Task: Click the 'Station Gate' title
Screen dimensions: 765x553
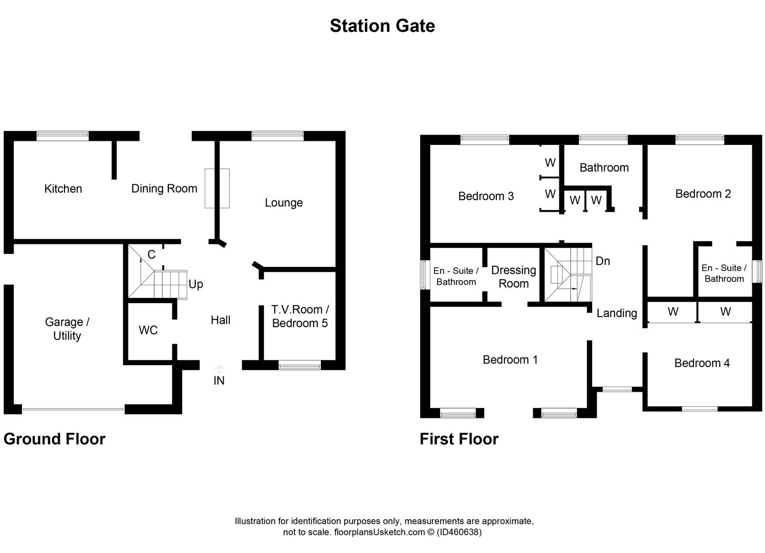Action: click(382, 26)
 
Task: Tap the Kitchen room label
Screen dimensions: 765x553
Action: click(63, 188)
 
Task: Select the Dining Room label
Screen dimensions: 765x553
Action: click(164, 188)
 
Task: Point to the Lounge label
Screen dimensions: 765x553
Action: click(283, 203)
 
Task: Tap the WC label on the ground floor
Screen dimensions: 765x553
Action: click(148, 330)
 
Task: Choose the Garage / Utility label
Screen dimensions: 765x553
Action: click(67, 329)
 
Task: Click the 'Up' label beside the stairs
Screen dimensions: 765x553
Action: click(195, 284)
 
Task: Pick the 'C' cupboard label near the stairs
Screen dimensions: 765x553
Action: click(151, 254)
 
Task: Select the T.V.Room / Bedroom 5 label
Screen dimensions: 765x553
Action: click(300, 316)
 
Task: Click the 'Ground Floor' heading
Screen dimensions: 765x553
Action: click(54, 439)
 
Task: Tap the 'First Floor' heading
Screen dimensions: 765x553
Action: click(459, 439)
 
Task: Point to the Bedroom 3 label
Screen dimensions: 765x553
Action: click(486, 196)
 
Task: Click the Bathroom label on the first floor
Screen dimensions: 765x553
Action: click(604, 167)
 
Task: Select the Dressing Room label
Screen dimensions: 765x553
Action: click(513, 276)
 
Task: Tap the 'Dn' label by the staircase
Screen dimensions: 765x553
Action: click(603, 261)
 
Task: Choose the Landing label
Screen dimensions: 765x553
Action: click(617, 313)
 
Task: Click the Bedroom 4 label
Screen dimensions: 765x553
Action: click(702, 363)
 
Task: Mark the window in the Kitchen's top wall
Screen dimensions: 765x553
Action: click(62, 136)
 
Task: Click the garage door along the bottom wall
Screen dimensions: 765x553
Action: click(73, 409)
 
